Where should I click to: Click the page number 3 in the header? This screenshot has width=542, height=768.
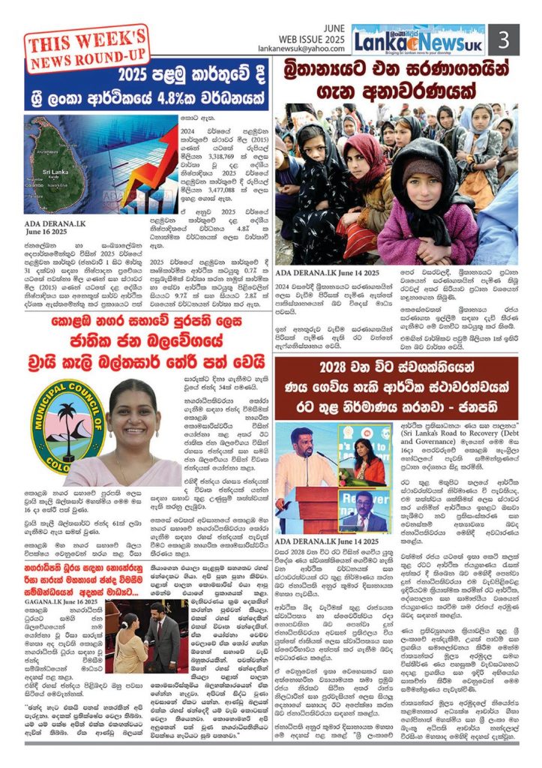[x=504, y=39]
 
